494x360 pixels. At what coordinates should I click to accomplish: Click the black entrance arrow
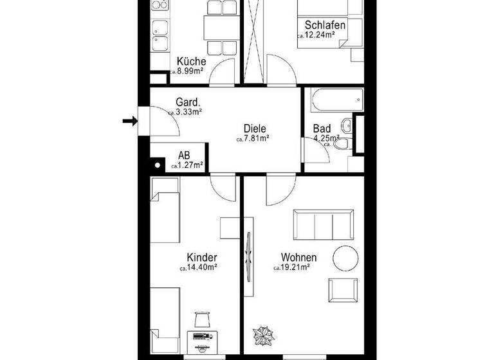131,121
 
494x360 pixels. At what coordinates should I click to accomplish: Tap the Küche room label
192,62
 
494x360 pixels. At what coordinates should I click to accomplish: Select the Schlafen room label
325,26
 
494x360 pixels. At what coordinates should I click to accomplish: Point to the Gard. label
188,102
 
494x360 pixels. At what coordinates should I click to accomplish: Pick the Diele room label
255,128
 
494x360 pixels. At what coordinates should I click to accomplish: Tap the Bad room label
322,128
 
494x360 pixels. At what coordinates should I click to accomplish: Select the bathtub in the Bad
336,101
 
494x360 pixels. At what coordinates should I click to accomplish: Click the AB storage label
184,156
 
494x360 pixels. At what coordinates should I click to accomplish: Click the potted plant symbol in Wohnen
262,336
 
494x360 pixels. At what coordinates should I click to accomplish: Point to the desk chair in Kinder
203,318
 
